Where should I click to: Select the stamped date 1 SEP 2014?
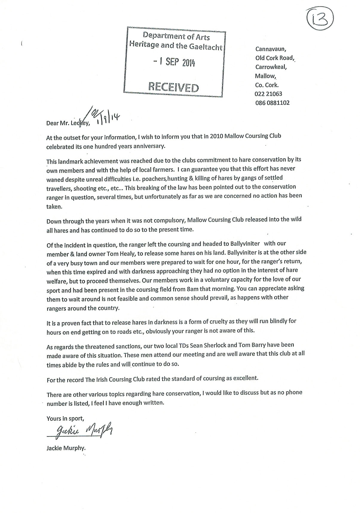[x=174, y=62]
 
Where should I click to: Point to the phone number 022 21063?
[x=268, y=94]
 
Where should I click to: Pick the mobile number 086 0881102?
[x=272, y=103]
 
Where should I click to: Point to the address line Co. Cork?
[x=266, y=85]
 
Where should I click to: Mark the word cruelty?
[x=220, y=322]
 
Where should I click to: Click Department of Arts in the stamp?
[x=176, y=36]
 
